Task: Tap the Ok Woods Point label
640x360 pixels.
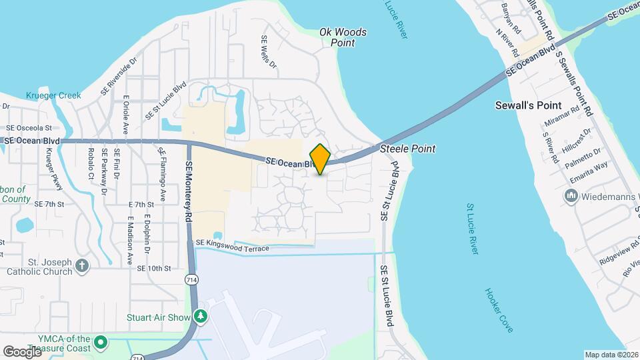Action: point(343,37)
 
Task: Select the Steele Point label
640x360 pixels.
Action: point(407,149)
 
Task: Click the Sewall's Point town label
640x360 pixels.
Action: point(538,106)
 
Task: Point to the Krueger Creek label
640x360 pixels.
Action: point(54,95)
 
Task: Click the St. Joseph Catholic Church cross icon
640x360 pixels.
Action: point(82,265)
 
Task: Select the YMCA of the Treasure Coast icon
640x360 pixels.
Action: point(101,343)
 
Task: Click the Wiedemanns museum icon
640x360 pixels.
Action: point(571,196)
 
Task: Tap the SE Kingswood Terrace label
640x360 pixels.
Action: point(231,247)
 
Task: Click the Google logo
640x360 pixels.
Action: point(22,351)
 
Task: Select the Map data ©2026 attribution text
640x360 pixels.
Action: point(611,354)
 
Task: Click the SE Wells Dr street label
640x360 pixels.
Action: point(268,52)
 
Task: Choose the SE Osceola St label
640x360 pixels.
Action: point(29,127)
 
